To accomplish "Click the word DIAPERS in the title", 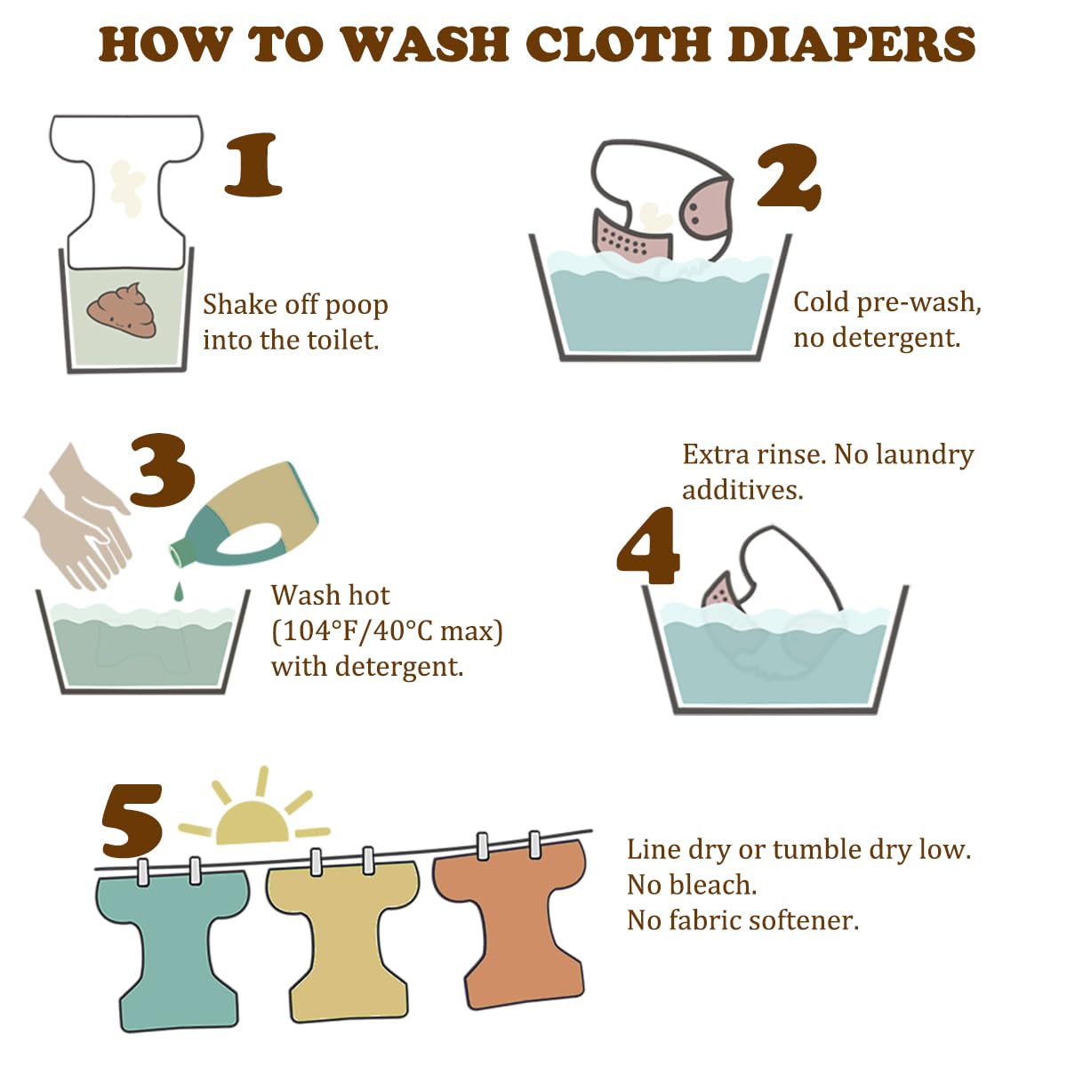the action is [852, 44].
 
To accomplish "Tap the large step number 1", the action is [253, 164].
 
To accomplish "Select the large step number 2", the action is [789, 176].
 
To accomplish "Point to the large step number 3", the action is [163, 469].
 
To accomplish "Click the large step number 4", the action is [648, 545].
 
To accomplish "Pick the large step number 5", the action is [132, 821].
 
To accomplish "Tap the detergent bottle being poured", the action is [245, 516].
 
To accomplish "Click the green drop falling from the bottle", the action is [179, 590].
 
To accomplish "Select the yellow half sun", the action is [253, 822].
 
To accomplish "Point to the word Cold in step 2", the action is [821, 302].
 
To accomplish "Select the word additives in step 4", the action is [742, 489].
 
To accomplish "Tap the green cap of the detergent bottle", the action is [184, 552].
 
